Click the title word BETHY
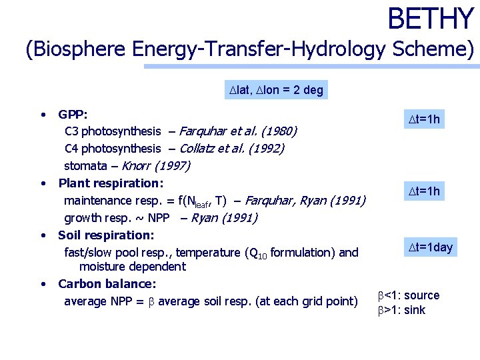pos(430,19)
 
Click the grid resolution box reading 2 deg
pos(275,90)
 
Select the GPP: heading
pos(73,114)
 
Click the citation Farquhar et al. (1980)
pos(238,131)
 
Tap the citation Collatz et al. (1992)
pos(232,148)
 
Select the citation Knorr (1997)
pos(156,165)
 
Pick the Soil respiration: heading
pos(106,235)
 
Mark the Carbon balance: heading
pos(107,284)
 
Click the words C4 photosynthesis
pos(113,148)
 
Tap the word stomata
pos(85,165)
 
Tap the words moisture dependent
pos(132,267)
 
